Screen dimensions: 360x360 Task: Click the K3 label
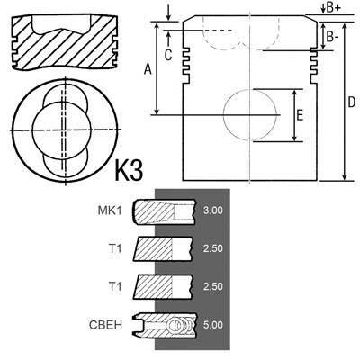click(x=129, y=170)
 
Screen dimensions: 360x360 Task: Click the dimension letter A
click(x=148, y=69)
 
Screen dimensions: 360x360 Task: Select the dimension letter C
click(x=168, y=55)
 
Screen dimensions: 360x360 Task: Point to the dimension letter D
click(x=351, y=103)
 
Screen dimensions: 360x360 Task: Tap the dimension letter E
click(x=300, y=115)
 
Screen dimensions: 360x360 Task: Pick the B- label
click(x=333, y=37)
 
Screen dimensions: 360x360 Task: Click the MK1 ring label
click(x=110, y=211)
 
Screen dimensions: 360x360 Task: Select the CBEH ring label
click(x=105, y=325)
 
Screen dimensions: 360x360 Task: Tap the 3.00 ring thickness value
click(x=213, y=211)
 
